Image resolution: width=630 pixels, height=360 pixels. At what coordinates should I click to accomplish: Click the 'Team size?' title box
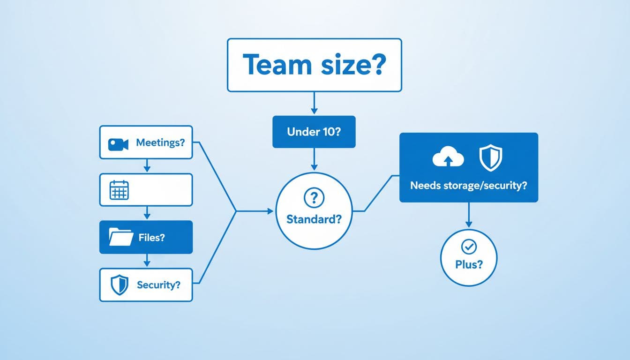click(314, 65)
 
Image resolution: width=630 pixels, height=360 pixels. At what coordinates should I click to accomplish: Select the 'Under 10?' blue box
click(314, 132)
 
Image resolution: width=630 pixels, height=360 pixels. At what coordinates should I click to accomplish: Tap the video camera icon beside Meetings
click(118, 144)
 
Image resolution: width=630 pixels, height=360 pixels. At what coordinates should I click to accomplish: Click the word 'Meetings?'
click(160, 143)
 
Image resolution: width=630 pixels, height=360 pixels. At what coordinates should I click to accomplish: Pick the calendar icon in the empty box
click(119, 190)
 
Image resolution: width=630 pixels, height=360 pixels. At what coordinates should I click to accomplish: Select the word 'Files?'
click(152, 238)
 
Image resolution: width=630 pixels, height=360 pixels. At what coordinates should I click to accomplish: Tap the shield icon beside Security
click(119, 285)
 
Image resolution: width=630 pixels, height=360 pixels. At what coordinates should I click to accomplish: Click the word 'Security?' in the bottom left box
click(158, 285)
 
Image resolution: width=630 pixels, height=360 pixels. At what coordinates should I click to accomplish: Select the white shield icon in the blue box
click(490, 158)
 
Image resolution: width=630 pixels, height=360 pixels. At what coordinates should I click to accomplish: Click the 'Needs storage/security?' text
click(468, 186)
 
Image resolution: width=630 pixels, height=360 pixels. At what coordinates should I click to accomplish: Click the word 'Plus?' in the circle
click(468, 264)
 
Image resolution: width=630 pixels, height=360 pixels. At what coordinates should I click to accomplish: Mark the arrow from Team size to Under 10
click(314, 103)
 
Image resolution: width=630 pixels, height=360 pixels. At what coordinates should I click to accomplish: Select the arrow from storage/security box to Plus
click(468, 216)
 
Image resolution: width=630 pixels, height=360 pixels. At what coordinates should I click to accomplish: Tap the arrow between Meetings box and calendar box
click(146, 165)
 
